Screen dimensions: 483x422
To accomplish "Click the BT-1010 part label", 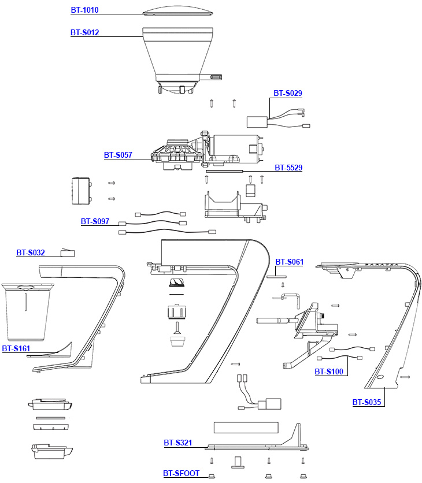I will pyautogui.click(x=85, y=10).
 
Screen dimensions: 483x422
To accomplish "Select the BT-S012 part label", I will pyautogui.click(x=85, y=32).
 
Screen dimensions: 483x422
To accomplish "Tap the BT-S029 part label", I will pyautogui.click(x=288, y=93).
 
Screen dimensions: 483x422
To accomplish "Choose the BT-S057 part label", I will pyautogui.click(x=119, y=155).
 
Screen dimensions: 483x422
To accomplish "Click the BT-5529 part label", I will pyautogui.click(x=288, y=168).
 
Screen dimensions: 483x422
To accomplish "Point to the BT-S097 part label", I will pyautogui.click(x=95, y=221).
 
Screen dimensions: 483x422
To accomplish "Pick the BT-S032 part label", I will pyautogui.click(x=31, y=252).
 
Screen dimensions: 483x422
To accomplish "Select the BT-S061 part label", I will pyautogui.click(x=289, y=262).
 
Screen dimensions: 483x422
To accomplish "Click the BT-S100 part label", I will pyautogui.click(x=329, y=371).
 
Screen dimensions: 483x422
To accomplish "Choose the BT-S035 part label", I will pyautogui.click(x=367, y=403).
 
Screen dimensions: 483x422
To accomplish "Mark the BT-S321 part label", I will pyautogui.click(x=177, y=443).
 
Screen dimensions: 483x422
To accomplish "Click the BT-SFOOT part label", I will pyautogui.click(x=182, y=474).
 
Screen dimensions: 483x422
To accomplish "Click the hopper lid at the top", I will pyautogui.click(x=176, y=13).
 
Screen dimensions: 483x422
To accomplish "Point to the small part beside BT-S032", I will pyautogui.click(x=69, y=252).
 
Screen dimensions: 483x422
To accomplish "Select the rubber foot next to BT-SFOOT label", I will pyautogui.click(x=212, y=475).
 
